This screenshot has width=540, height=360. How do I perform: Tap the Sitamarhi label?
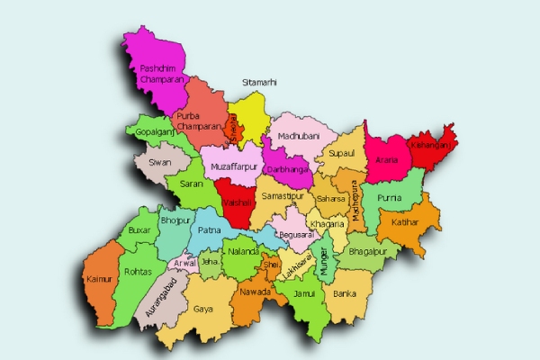259,82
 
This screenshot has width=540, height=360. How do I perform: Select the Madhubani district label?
299,135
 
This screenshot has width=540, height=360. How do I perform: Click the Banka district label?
344,293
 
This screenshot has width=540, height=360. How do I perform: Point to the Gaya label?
202,309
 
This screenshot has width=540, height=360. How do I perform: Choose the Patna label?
209,230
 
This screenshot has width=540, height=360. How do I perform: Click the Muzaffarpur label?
234,167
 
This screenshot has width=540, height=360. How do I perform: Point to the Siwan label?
160,163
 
